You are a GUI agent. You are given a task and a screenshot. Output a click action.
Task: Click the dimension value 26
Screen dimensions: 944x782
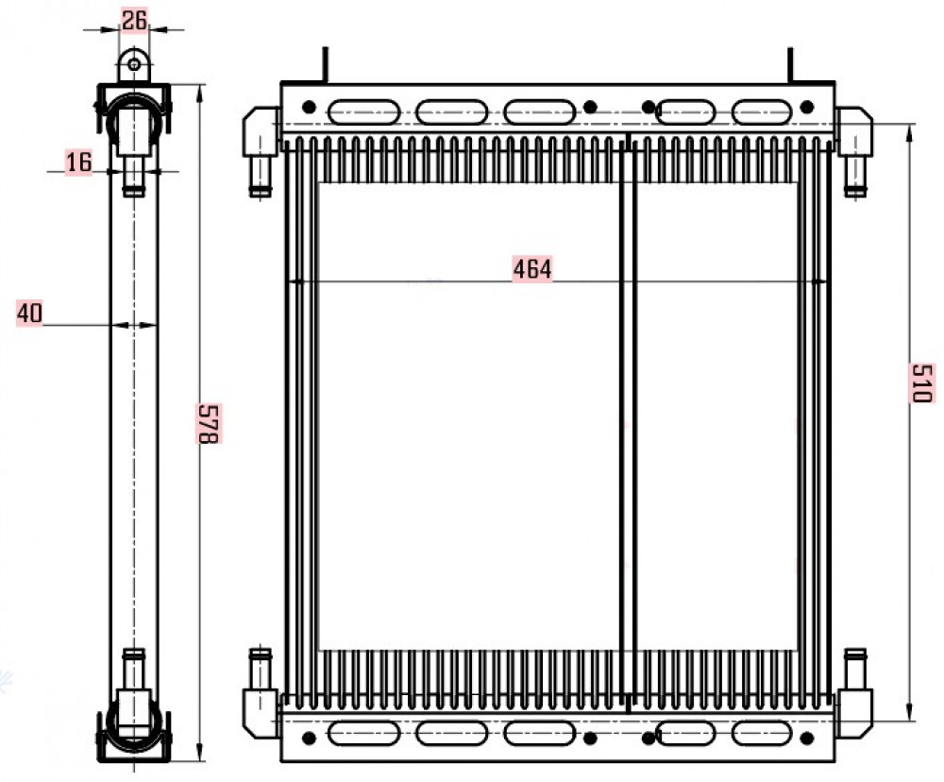(134, 21)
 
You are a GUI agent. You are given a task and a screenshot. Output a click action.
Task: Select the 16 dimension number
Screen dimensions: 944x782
(78, 162)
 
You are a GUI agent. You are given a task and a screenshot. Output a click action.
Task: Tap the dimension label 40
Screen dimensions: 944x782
(29, 314)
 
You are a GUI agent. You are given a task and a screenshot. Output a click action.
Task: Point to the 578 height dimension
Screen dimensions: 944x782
(209, 423)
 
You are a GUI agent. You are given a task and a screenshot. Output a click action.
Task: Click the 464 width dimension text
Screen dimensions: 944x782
(532, 269)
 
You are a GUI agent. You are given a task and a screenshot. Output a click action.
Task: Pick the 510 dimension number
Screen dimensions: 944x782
(921, 382)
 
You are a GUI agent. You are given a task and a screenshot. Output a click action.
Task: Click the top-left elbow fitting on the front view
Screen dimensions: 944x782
(261, 150)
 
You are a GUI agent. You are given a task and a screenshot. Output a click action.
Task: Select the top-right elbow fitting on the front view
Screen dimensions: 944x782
(854, 150)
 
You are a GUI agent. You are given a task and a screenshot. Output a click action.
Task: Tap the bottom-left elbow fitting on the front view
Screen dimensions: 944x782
(261, 693)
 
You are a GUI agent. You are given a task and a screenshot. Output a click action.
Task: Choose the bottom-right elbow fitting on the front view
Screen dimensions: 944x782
(854, 693)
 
